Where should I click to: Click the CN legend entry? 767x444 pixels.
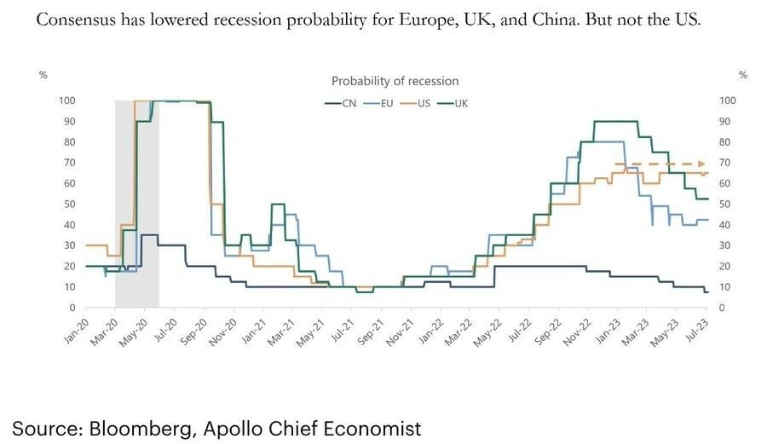(342, 103)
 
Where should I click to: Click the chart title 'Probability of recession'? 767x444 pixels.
(395, 81)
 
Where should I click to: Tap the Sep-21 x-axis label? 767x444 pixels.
(373, 331)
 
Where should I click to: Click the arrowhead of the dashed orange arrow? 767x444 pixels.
(702, 163)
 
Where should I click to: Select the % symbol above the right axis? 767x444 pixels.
(743, 75)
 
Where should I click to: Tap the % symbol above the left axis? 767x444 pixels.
(43, 75)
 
